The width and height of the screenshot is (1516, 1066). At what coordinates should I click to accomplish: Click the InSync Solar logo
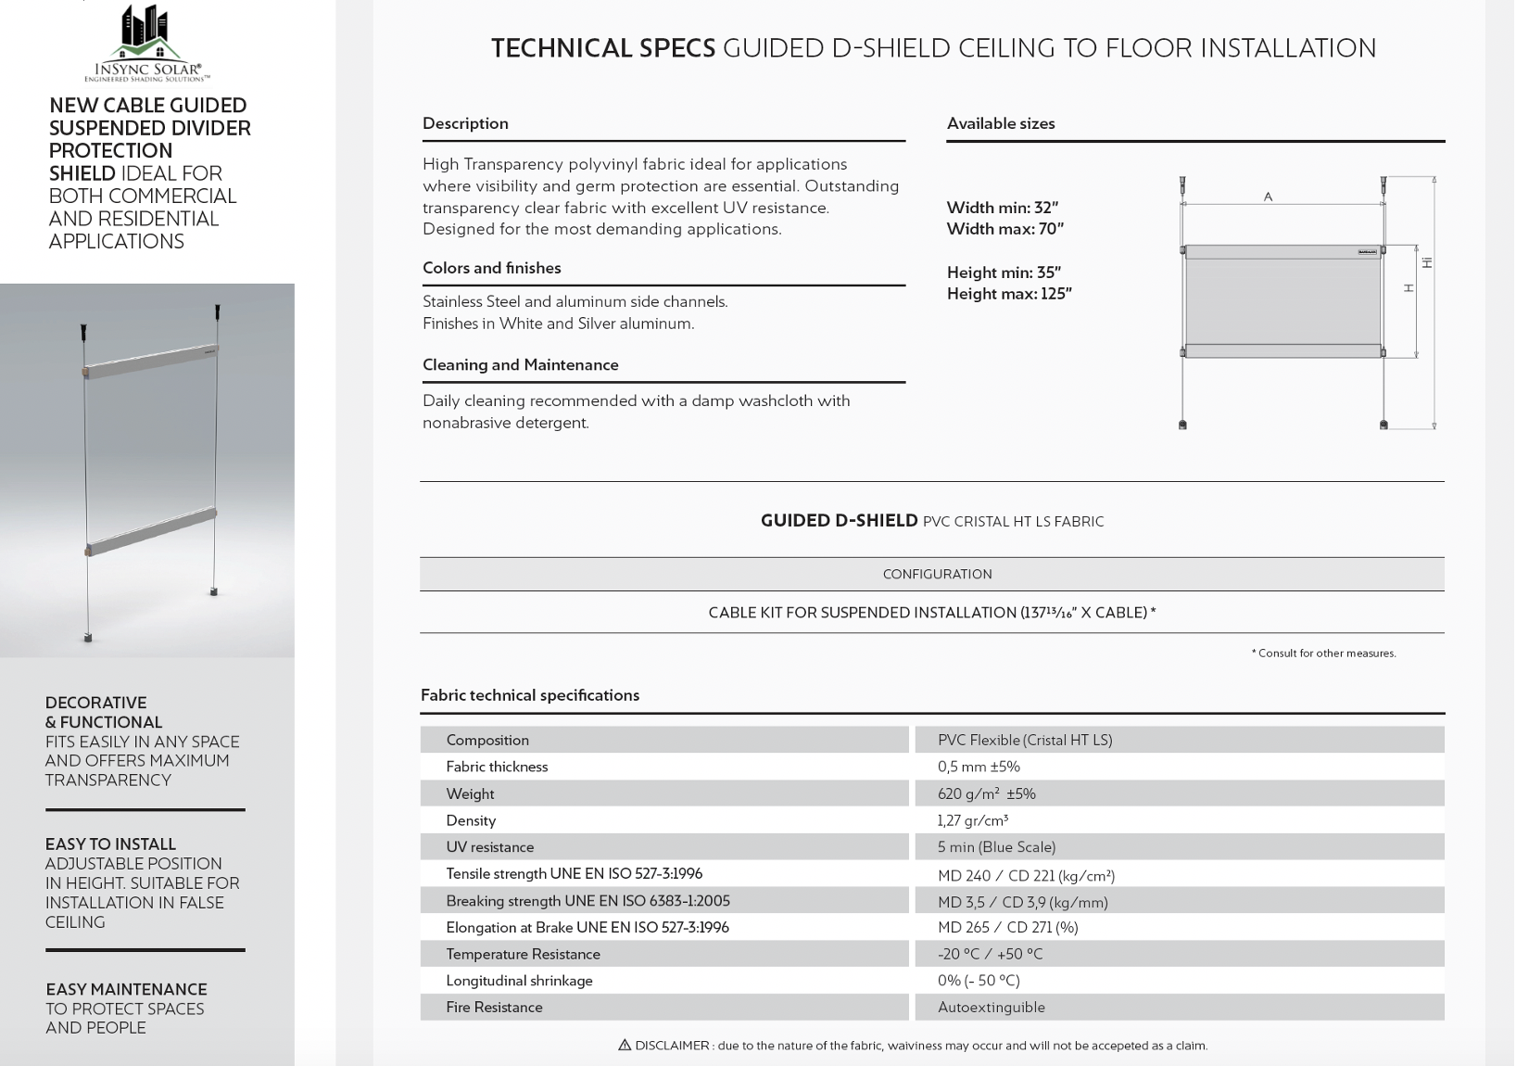[147, 43]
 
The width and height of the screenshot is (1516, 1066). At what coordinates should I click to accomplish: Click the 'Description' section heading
[465, 123]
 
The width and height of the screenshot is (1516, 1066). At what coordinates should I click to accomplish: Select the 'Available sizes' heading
[1001, 123]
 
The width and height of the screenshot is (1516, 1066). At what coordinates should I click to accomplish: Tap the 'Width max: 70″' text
[1004, 228]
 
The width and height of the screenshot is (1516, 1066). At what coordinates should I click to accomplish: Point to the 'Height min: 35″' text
[1004, 272]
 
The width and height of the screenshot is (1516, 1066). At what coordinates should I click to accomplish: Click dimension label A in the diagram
[1268, 197]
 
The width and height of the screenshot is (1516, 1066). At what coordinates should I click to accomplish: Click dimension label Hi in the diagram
[1427, 262]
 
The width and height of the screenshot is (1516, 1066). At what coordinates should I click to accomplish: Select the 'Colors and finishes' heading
[491, 268]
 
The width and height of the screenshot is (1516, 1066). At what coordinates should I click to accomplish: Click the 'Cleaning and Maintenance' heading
[520, 364]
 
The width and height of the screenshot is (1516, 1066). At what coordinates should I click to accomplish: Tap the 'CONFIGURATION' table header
[937, 574]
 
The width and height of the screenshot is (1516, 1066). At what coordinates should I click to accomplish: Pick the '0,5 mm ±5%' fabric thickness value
[978, 767]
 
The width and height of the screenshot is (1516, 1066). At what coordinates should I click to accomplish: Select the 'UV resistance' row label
[489, 846]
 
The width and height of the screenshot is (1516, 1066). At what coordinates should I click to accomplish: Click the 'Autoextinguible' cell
[991, 1007]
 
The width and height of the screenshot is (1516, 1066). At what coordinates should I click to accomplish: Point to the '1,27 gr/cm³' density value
[972, 820]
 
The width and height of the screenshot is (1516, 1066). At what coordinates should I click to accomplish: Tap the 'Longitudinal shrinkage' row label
[519, 980]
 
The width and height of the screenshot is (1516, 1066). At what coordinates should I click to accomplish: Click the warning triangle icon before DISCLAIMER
[625, 1045]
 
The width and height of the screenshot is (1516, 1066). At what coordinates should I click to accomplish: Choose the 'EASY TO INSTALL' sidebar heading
[110, 844]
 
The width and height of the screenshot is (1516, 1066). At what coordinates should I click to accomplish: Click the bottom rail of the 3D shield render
[151, 533]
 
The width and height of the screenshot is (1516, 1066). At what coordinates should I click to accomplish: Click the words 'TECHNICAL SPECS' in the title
[602, 48]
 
